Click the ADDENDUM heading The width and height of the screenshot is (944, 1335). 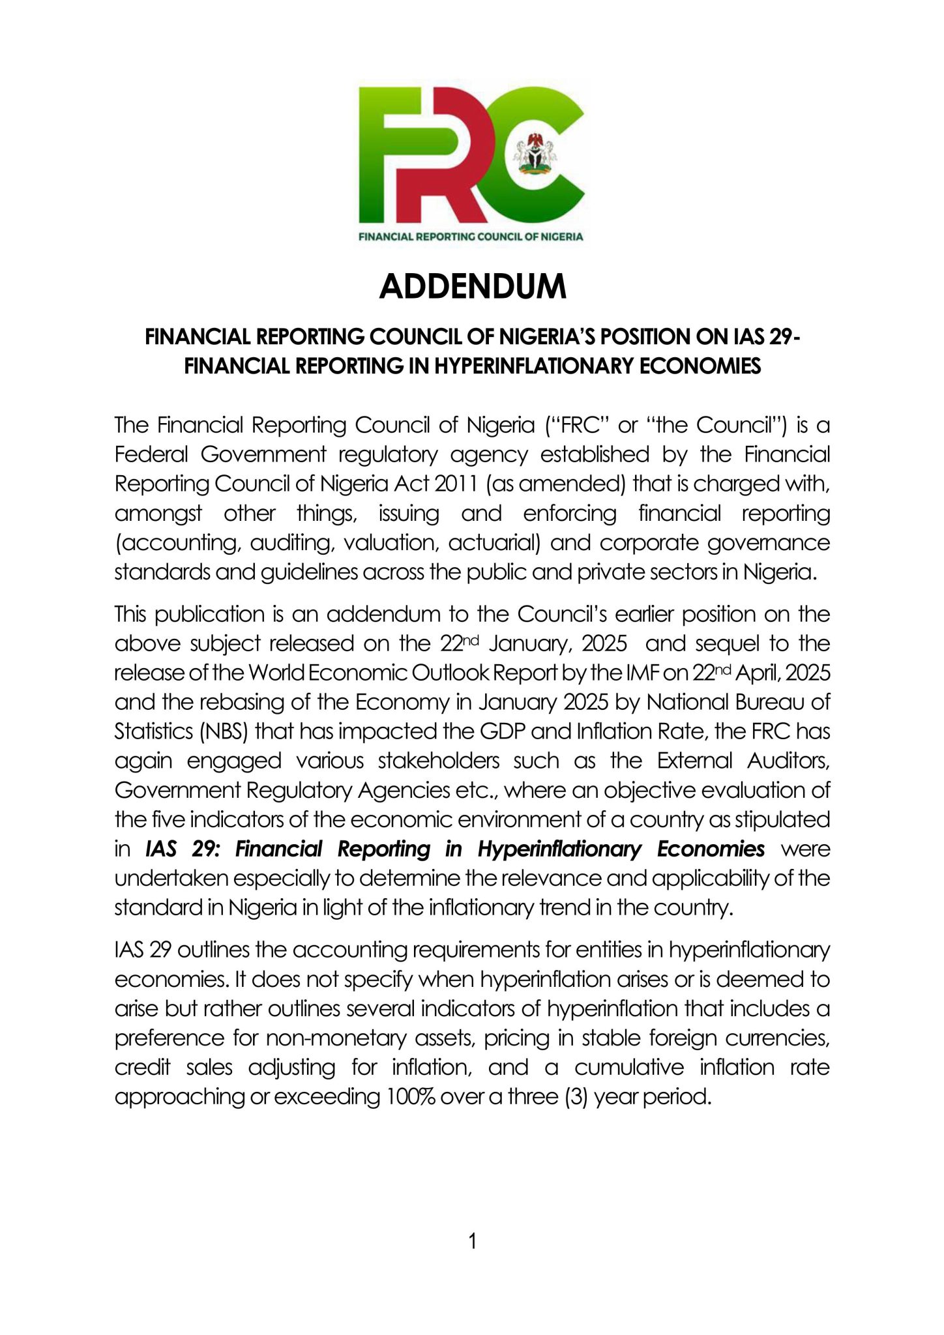[x=473, y=286]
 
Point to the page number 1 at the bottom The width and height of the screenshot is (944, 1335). [x=473, y=1241]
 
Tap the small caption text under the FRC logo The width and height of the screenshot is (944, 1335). [x=471, y=237]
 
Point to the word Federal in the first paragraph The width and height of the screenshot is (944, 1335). [x=151, y=454]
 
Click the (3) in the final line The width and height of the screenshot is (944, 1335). [x=574, y=1096]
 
